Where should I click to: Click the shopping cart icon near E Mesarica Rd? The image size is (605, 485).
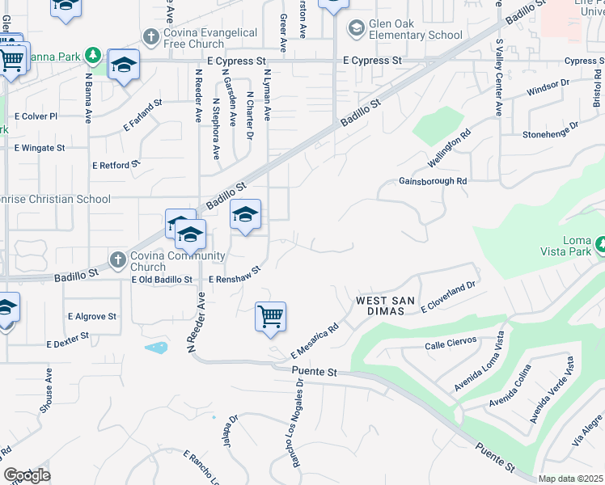pos(270,316)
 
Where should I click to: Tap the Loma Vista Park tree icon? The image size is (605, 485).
pos(601,243)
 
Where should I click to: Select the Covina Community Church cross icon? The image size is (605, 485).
pos(118,260)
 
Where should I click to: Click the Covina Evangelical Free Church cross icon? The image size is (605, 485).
pos(150,37)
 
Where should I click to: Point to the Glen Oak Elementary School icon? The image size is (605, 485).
pos(356,29)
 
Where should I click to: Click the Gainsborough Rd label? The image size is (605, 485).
pos(433,182)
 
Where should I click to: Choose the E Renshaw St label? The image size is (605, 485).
pos(235,276)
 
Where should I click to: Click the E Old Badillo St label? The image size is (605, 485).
pos(162,280)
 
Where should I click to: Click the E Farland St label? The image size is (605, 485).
pos(143,116)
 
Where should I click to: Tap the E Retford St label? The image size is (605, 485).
pos(116,165)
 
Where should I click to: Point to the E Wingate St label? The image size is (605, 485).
pos(40,148)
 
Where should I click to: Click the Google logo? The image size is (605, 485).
pos(27,475)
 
